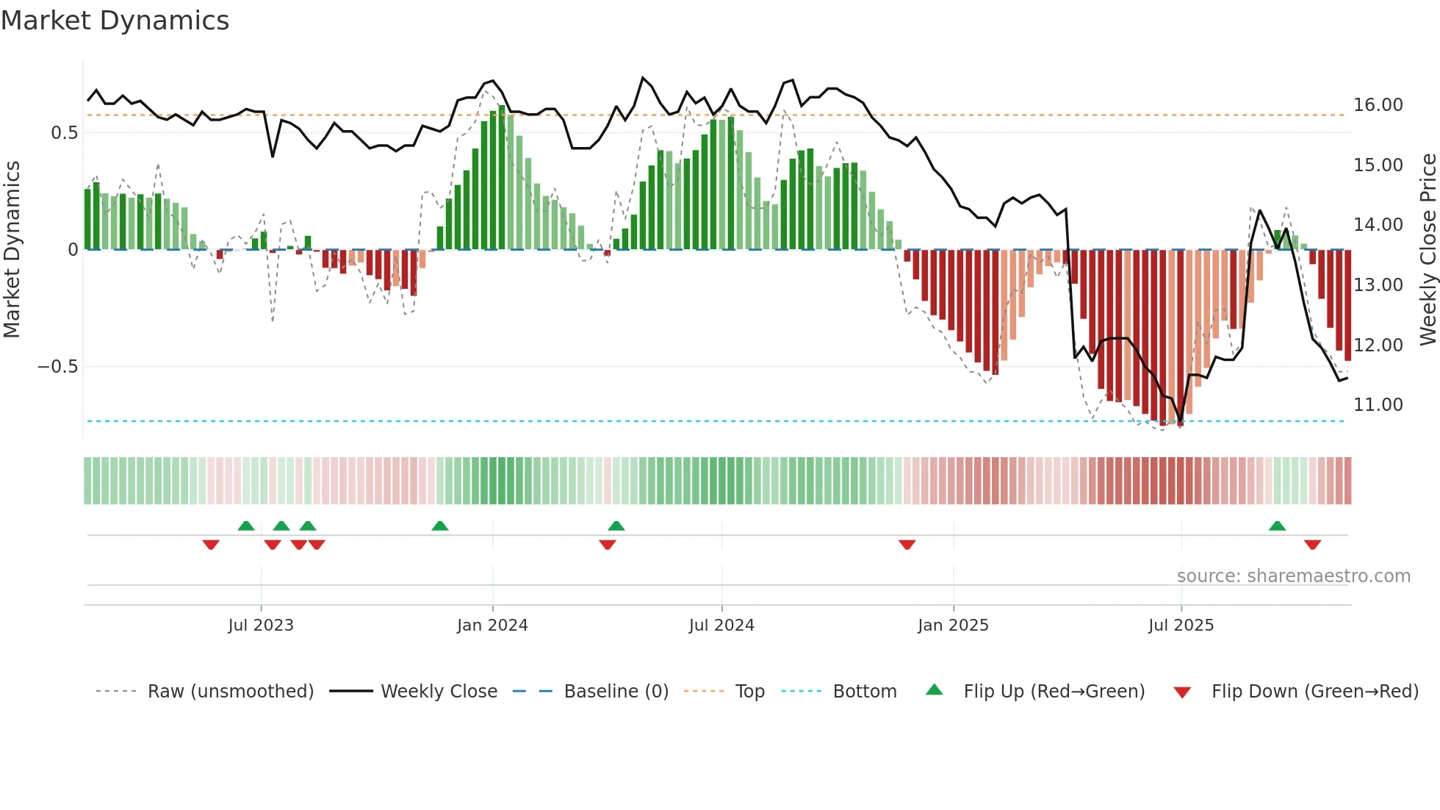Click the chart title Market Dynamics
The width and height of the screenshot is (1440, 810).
[115, 21]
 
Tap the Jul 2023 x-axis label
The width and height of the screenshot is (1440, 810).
[261, 626]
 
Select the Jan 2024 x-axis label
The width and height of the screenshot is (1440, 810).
[492, 626]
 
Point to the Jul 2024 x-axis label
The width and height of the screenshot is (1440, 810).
[721, 626]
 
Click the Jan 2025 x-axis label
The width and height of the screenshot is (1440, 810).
[953, 626]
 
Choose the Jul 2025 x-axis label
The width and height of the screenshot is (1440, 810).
[1181, 626]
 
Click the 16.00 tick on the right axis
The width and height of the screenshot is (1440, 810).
[1378, 105]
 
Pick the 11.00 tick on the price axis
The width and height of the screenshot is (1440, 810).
[1378, 405]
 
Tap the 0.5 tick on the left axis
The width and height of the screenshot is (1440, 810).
[64, 133]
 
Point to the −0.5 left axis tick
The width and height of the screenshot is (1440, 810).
[57, 367]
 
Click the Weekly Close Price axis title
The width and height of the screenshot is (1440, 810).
[1428, 250]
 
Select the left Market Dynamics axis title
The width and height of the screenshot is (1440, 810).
[12, 250]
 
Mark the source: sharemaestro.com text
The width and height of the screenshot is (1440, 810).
[1293, 576]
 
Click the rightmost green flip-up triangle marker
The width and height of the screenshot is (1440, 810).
[1277, 526]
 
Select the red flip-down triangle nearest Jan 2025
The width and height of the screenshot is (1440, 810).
[907, 544]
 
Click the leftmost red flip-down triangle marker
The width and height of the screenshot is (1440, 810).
[211, 544]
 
